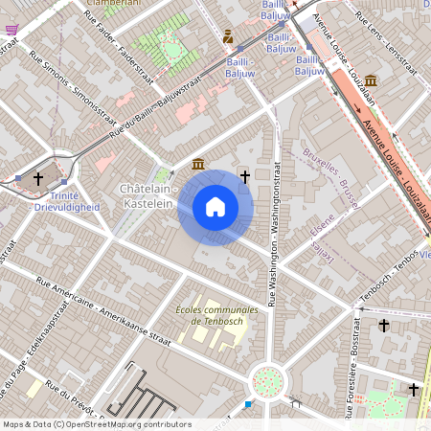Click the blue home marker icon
215,206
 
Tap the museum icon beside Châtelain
196,165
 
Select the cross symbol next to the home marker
245,176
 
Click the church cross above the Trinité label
39,178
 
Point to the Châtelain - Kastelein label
146,196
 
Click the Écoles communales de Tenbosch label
217,316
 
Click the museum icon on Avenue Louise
370,80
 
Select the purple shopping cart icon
11,30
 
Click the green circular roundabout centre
268,381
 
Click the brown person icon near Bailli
228,37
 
